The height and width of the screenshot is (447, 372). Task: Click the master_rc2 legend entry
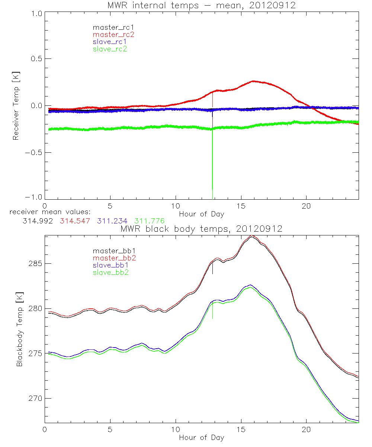113,34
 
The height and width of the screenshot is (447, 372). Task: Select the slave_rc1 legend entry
110,41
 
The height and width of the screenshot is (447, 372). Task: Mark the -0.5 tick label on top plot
33,152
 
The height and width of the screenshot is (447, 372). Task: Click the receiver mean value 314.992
38,221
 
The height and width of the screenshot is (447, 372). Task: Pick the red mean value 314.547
75,221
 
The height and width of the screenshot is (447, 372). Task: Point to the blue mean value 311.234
112,221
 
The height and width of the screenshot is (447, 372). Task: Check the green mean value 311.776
149,221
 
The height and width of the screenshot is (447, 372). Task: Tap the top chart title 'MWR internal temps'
201,5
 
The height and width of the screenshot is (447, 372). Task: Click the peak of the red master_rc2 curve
253,81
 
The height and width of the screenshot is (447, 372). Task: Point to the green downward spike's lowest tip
212,189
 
